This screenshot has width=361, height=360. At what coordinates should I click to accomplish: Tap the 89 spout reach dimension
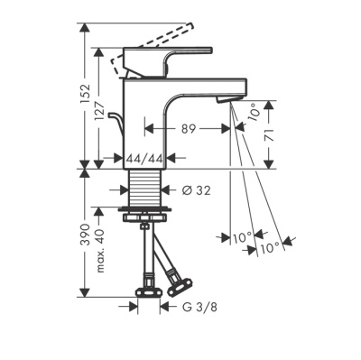[189, 129]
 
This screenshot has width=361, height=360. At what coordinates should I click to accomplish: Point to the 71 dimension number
[270, 135]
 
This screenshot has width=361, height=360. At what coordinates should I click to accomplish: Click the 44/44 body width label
[144, 158]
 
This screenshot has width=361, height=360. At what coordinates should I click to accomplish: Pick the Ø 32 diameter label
[196, 190]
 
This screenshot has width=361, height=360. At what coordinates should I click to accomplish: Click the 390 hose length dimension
[86, 234]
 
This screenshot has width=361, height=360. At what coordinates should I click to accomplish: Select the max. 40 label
[99, 251]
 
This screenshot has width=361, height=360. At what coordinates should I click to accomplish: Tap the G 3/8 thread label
[199, 307]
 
